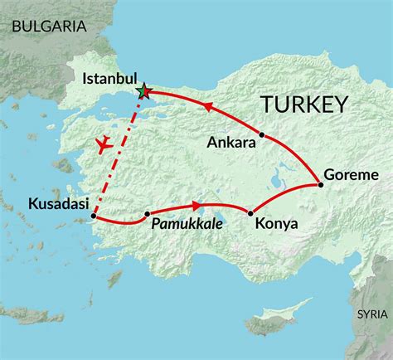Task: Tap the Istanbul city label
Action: pos(110,80)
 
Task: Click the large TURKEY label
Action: pos(303,105)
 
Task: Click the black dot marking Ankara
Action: pos(262,134)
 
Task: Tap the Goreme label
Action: pos(352,175)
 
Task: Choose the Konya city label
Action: pos(270,223)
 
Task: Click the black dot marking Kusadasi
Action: pos(94,217)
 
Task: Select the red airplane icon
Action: pos(104,145)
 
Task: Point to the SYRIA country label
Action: pos(370,314)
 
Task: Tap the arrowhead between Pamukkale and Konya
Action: pos(196,205)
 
